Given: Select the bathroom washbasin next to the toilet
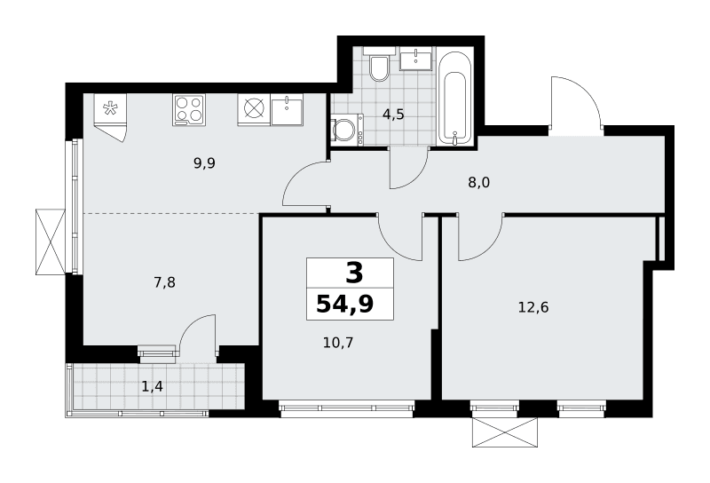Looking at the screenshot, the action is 415,59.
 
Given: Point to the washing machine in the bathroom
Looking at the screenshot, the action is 347,130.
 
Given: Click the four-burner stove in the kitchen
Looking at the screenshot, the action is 188,109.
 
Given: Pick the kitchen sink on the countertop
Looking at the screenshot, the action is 288,110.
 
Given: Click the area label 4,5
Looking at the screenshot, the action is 393,115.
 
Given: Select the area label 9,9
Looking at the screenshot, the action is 204,162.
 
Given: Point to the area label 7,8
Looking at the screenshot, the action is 164,282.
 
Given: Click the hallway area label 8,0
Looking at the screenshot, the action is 479,183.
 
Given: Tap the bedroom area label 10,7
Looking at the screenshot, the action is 338,342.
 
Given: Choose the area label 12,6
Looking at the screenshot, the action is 533,308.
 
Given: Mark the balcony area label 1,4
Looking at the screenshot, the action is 152,386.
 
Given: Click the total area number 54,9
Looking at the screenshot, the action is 345,304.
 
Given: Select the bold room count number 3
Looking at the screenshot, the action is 354,273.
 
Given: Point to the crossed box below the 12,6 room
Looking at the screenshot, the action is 505,432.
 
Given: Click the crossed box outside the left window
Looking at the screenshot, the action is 51,241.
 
